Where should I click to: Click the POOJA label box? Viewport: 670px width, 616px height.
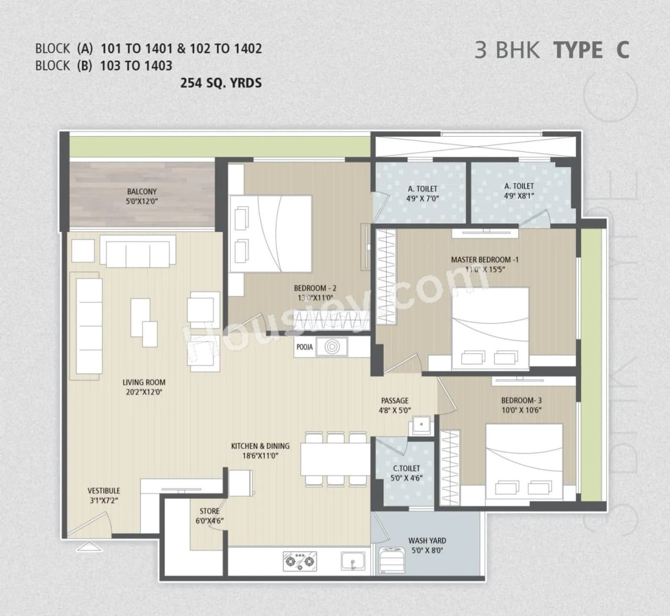(x=304, y=347)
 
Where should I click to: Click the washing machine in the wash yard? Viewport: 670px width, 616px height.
(x=390, y=560)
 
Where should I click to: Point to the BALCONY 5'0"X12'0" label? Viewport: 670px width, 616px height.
(x=141, y=196)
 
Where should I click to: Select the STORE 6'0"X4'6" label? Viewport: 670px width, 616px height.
(x=209, y=516)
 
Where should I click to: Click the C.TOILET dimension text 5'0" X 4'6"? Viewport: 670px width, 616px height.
(x=406, y=478)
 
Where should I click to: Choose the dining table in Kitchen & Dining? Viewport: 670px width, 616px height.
(x=335, y=459)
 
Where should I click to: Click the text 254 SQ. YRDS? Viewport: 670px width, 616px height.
(x=221, y=83)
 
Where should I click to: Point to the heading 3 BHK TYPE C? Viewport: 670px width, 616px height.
(x=551, y=50)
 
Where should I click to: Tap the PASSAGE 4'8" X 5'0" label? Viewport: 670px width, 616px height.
(x=395, y=406)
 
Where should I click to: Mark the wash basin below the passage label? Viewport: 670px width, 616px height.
(x=420, y=424)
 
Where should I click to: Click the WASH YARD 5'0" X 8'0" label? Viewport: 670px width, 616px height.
(x=427, y=545)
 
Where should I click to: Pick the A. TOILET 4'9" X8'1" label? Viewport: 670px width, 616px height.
(x=519, y=191)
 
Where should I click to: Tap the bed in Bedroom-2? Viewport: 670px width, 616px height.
(x=271, y=229)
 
